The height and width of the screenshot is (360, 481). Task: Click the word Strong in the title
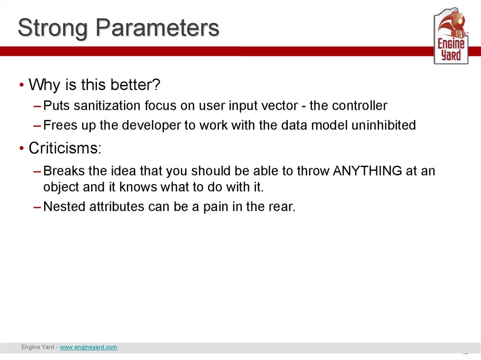click(x=53, y=28)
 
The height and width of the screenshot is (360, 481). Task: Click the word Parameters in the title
click(x=157, y=27)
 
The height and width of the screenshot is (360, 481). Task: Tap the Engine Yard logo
click(x=451, y=36)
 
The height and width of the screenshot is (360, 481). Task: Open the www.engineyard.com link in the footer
click(x=88, y=347)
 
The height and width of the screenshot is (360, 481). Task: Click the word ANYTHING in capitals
click(x=367, y=170)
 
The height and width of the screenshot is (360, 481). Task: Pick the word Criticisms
click(x=65, y=148)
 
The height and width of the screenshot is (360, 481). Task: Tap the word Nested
click(x=64, y=207)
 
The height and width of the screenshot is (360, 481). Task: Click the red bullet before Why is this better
click(x=22, y=84)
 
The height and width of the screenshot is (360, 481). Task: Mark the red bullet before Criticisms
click(x=22, y=148)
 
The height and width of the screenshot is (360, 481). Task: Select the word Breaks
click(x=64, y=170)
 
